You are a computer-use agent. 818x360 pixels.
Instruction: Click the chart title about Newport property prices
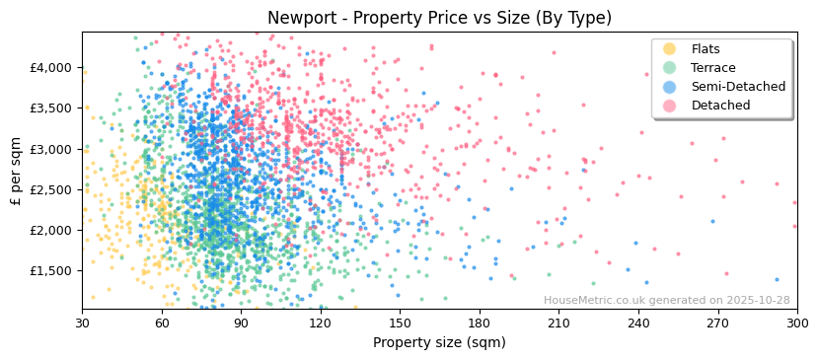pos(439,18)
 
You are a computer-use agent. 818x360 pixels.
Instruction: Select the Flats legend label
pos(706,49)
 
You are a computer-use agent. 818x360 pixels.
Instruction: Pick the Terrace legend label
pos(713,68)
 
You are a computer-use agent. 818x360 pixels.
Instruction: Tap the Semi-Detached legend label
pos(738,87)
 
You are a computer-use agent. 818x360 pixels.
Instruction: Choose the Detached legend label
pos(720,106)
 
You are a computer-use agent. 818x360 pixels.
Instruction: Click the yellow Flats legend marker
pos(670,49)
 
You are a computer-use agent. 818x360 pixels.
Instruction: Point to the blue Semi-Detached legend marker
pos(670,87)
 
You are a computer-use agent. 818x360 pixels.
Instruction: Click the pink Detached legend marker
pos(670,106)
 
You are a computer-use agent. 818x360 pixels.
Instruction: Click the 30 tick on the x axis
pos(82,324)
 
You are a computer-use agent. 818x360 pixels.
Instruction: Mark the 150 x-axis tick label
pos(400,324)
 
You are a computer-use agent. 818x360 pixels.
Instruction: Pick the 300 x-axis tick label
pos(797,324)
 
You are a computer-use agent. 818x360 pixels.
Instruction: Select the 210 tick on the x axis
pos(558,324)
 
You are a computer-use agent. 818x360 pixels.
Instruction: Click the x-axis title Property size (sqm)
pos(439,343)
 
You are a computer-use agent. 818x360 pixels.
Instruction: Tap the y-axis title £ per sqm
pos(17,170)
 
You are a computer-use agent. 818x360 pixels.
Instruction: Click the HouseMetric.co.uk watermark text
pos(612,301)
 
